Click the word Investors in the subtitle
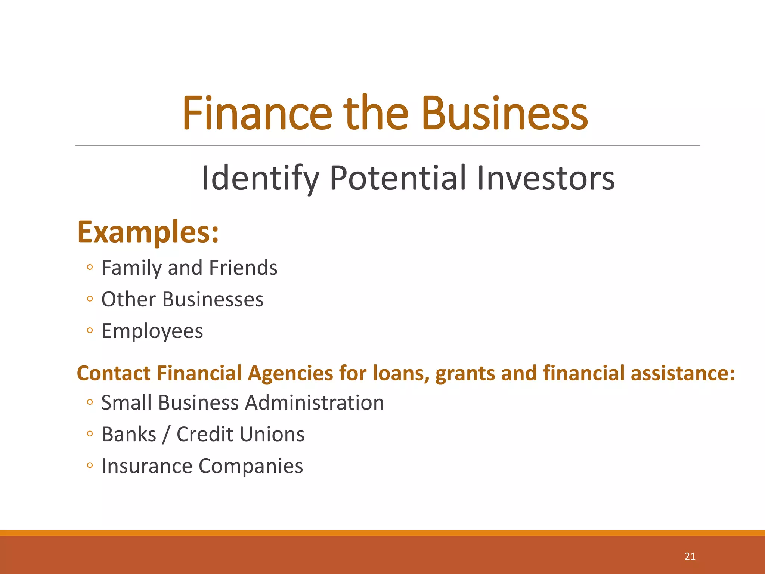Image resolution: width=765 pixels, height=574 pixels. coord(546,179)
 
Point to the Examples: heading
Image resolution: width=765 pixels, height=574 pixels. coord(148,233)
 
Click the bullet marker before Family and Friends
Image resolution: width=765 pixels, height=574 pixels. coord(89,267)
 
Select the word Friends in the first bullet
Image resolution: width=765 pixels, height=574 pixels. coord(243,268)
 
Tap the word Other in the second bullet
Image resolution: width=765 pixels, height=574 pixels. coord(128,300)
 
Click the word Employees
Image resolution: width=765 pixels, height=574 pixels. coord(152,331)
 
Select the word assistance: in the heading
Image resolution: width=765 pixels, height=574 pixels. coord(683,373)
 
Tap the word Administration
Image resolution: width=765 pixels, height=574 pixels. coord(315,403)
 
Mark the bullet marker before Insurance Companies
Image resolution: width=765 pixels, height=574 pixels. coord(89,466)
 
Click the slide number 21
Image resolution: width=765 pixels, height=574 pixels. coord(690,556)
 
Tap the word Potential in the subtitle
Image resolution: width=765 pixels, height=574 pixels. coord(398,179)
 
